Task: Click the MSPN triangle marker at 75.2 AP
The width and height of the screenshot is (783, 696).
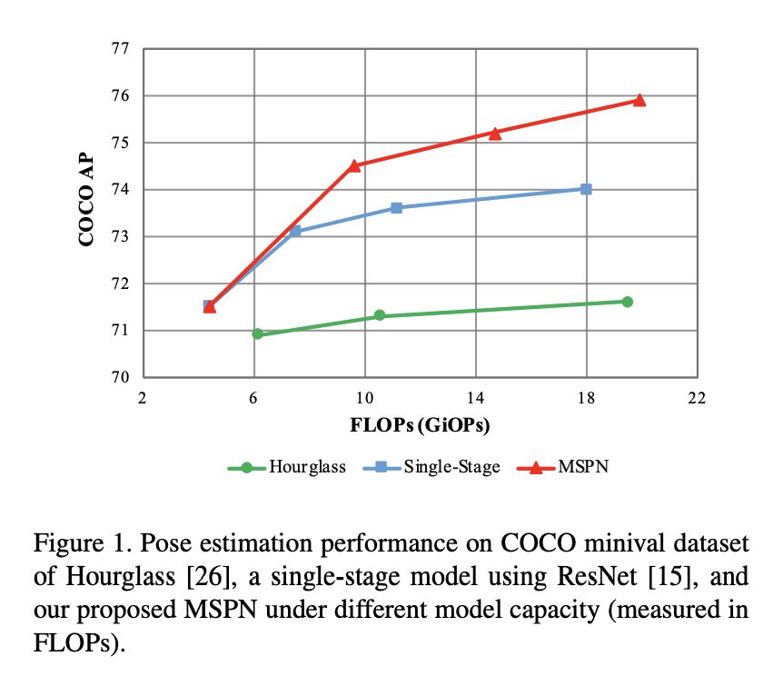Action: (x=495, y=133)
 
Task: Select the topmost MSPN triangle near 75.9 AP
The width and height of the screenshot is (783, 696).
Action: (x=639, y=100)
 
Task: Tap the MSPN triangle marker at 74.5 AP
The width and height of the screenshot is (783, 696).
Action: (x=354, y=165)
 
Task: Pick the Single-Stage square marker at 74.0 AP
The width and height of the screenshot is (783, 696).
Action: (x=586, y=189)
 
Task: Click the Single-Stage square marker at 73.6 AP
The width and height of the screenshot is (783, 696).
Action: (x=396, y=208)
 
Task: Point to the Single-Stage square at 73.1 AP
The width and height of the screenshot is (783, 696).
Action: (x=295, y=232)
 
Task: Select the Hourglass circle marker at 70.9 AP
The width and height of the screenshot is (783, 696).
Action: (x=257, y=334)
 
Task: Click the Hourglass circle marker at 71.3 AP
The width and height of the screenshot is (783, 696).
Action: (x=380, y=315)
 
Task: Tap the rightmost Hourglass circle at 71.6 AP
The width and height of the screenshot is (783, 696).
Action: (x=627, y=302)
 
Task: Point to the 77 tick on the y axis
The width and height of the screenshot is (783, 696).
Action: (x=120, y=48)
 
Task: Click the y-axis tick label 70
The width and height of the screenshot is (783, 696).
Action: (x=120, y=378)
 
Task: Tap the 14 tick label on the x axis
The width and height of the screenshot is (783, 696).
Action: (x=475, y=398)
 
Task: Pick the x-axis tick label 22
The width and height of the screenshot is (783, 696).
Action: (x=697, y=398)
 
